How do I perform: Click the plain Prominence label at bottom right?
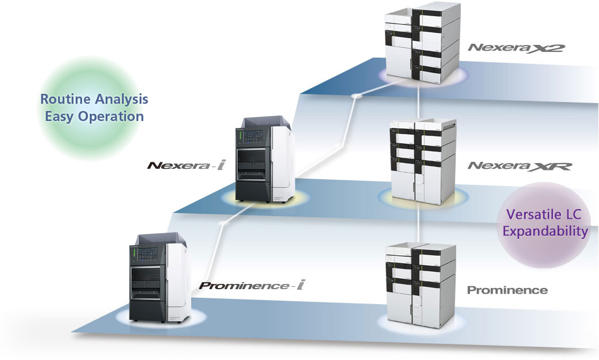[507, 290]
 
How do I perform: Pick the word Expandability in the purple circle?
[545, 232]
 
